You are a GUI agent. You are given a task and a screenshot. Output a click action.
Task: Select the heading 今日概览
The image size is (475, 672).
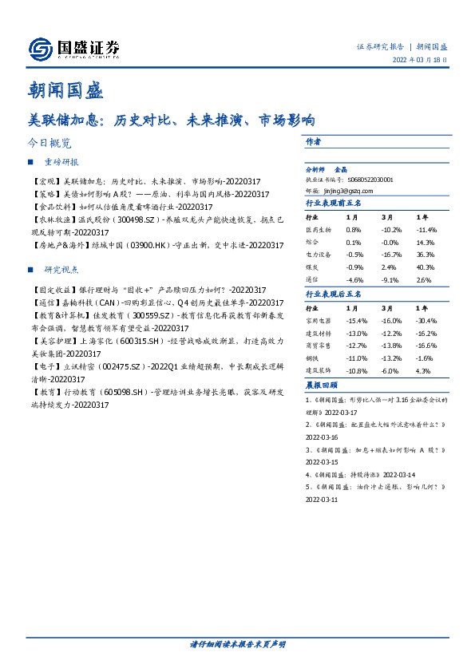coord(49,144)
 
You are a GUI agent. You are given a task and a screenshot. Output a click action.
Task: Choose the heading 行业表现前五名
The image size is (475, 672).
coord(334,204)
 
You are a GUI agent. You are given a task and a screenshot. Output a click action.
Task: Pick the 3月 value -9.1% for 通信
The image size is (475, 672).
coord(389,280)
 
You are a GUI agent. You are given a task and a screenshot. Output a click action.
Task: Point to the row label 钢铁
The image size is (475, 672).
coord(315,360)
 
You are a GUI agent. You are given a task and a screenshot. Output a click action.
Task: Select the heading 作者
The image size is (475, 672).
coord(313,141)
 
